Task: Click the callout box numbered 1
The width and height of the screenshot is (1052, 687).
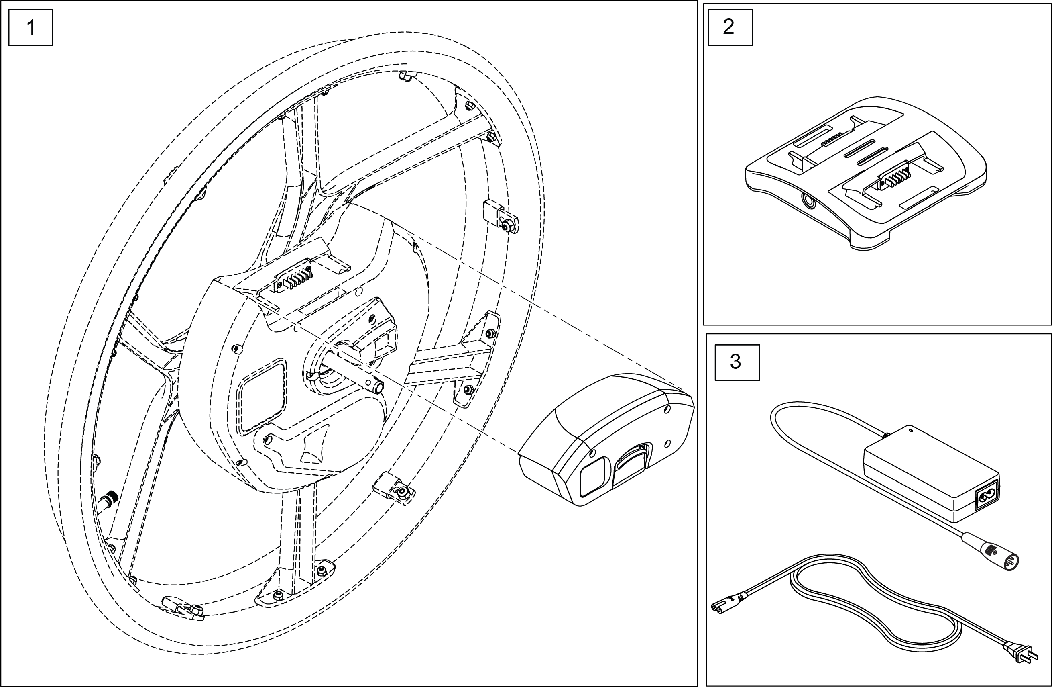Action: (31, 27)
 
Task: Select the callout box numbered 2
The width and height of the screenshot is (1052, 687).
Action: (730, 27)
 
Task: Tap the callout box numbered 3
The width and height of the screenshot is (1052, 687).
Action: (737, 362)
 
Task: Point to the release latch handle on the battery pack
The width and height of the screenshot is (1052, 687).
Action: (630, 462)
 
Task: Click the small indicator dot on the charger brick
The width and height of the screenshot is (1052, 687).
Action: (910, 429)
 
